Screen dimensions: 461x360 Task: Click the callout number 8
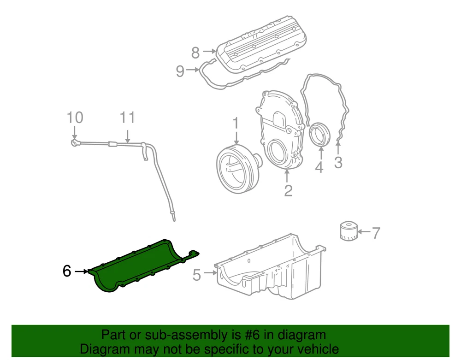[195, 53]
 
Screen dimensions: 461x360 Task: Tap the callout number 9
[180, 71]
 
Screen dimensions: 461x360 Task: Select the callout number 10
[75, 117]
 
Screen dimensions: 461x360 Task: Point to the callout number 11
[127, 117]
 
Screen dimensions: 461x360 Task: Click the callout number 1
[236, 124]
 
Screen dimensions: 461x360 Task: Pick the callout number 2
[288, 191]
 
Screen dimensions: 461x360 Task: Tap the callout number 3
[338, 162]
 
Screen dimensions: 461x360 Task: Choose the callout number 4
[319, 167]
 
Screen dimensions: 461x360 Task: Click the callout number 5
[197, 275]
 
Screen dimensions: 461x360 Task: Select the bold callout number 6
[67, 271]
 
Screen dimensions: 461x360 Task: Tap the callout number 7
[376, 233]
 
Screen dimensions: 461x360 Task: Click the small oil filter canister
[349, 231]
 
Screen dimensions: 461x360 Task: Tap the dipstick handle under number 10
[75, 143]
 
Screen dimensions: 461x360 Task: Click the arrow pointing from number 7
[364, 232]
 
